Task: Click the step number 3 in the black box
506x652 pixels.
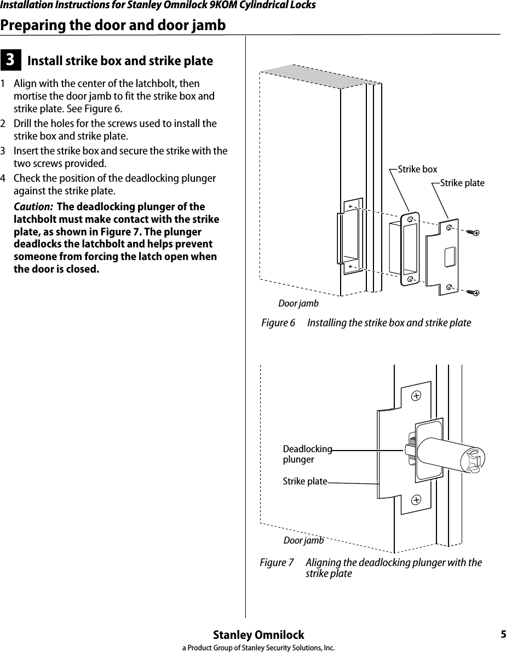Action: pos(10,60)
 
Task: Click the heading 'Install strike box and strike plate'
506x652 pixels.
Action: pos(120,61)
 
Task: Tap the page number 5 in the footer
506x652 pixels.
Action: pos(502,635)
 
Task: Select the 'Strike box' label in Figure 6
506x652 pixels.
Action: pos(417,170)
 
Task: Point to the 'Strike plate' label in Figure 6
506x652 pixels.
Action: pos(462,183)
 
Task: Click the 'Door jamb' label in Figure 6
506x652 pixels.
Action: pos(298,303)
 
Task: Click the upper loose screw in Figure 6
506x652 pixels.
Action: pos(473,232)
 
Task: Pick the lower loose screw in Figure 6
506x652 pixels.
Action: pos(473,292)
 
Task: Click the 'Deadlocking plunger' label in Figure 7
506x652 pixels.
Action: pos(307,454)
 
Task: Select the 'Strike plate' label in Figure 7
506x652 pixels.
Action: pos(304,482)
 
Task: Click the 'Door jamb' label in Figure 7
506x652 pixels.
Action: pos(303,540)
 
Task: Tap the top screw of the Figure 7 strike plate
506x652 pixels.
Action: pos(416,395)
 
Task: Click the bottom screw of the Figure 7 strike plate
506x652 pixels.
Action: pos(416,499)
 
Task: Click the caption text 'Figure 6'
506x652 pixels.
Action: pos(278,323)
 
